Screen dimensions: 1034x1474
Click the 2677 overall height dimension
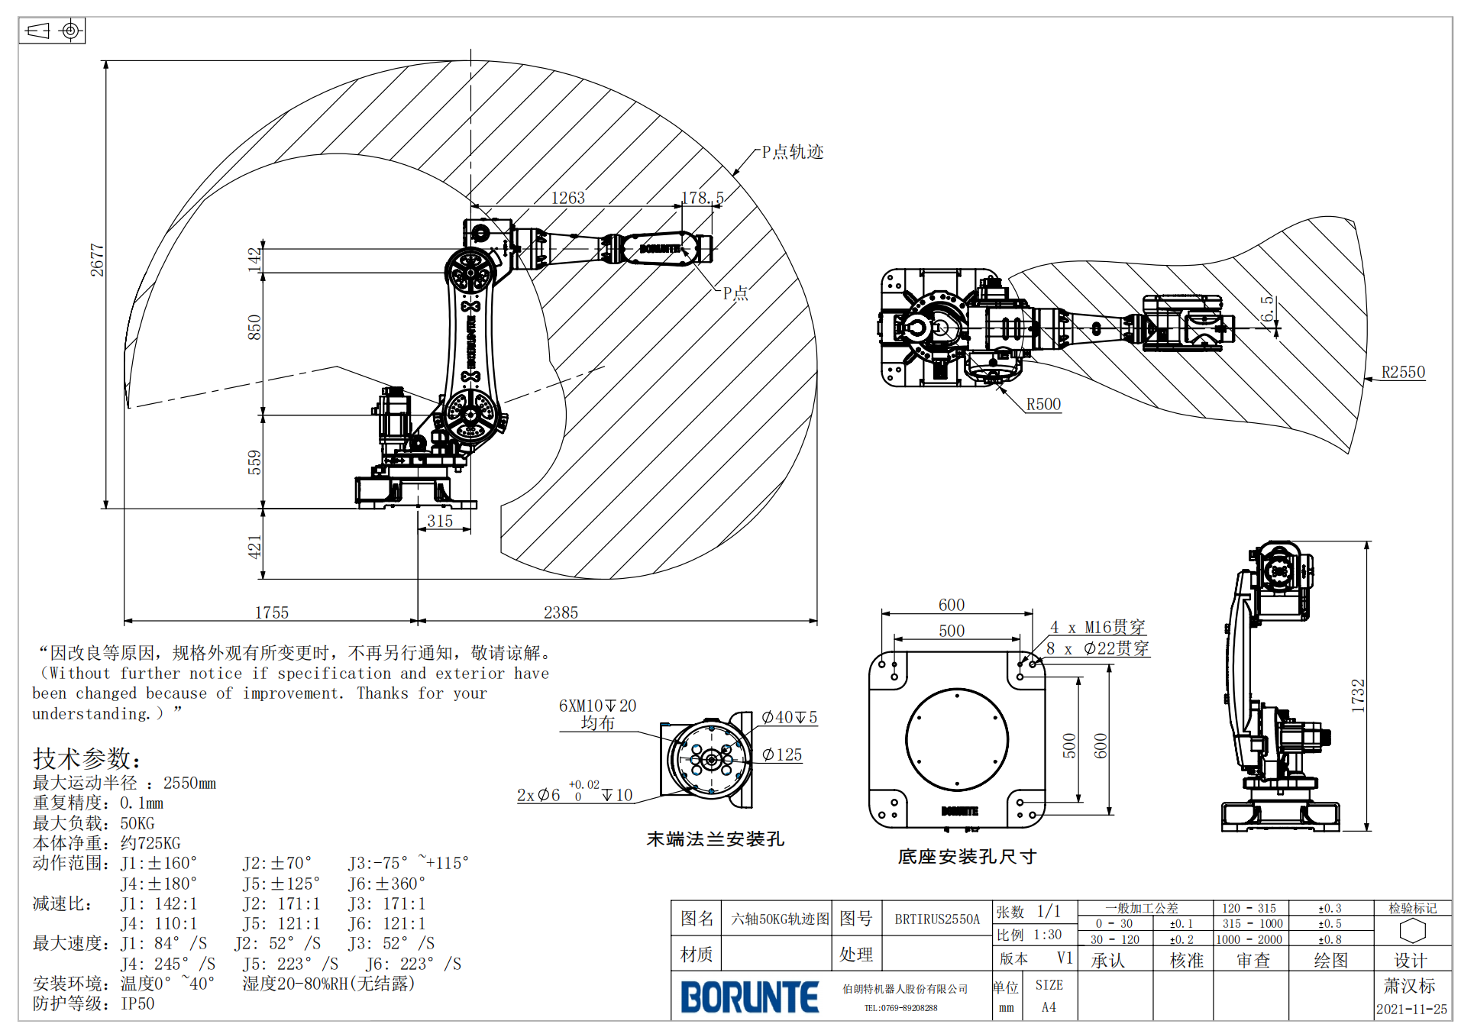click(x=97, y=260)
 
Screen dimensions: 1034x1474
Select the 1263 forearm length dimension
click(x=567, y=198)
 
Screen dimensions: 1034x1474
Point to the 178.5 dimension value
click(x=702, y=198)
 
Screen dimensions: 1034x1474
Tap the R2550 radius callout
click(x=1403, y=372)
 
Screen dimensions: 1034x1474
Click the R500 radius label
click(x=1043, y=404)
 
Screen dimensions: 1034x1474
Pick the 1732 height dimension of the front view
click(x=1358, y=695)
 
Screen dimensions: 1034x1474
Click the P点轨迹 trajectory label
click(x=792, y=152)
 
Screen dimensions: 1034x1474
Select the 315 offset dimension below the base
click(x=440, y=521)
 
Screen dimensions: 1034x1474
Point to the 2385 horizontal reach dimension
click(x=561, y=612)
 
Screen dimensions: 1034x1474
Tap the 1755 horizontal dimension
click(x=271, y=612)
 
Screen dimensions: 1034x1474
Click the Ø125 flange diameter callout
click(x=782, y=754)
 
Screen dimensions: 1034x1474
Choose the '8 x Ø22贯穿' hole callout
click(x=1097, y=648)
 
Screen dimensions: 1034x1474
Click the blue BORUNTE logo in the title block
click(x=749, y=997)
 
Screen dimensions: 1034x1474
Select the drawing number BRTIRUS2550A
click(x=936, y=919)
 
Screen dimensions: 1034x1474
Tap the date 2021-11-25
click(x=1411, y=1009)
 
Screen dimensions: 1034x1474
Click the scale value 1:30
click(x=1047, y=935)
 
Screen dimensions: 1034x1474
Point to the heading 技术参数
click(x=86, y=758)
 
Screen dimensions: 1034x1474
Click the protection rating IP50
click(x=137, y=1003)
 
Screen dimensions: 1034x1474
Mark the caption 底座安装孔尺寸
click(x=966, y=856)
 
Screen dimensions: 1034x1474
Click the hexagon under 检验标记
click(x=1412, y=930)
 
